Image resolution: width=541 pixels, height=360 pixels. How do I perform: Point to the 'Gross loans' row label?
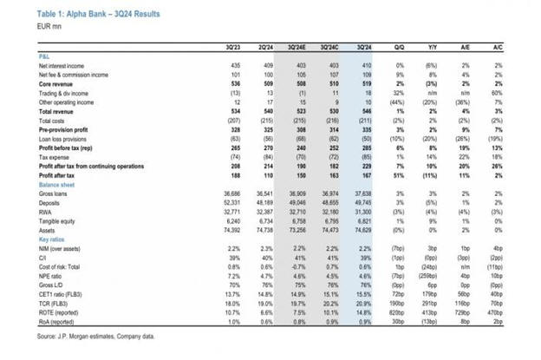[54, 193]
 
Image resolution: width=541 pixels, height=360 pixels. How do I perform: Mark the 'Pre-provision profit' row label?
[62, 130]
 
